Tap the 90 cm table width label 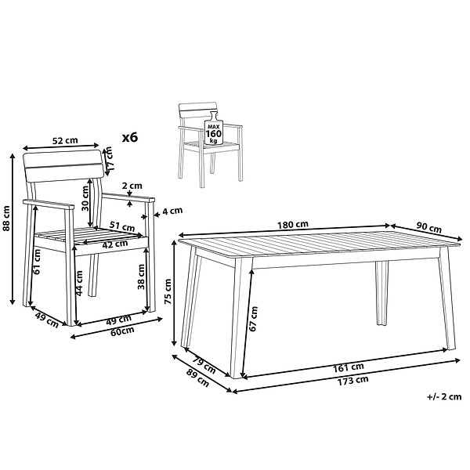(429, 229)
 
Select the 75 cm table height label (168, 291)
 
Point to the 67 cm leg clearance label (254, 319)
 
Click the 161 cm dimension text (349, 367)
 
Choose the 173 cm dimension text (352, 381)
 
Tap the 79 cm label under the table (204, 365)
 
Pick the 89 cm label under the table (197, 378)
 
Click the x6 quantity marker (130, 138)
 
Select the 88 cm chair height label (6, 219)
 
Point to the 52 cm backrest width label (65, 140)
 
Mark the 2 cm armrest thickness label (132, 186)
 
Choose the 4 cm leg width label (172, 211)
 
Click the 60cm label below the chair (122, 331)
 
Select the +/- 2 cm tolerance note (444, 396)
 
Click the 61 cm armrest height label (37, 262)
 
